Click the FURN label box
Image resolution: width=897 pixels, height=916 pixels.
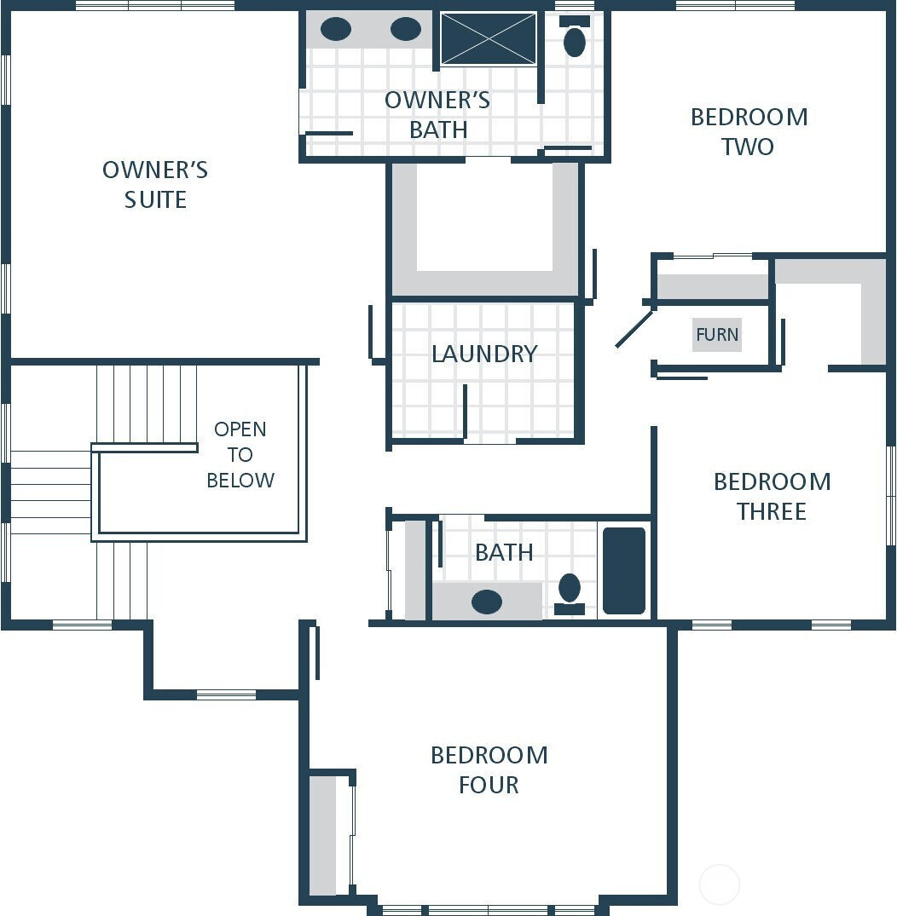(716, 335)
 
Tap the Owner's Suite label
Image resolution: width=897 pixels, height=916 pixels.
(155, 184)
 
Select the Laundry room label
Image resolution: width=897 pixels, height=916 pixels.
(483, 354)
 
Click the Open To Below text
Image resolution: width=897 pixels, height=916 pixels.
(240, 454)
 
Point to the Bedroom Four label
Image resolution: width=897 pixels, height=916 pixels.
(489, 769)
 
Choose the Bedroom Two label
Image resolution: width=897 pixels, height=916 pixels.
(749, 131)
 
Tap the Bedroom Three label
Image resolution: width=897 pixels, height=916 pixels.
(772, 496)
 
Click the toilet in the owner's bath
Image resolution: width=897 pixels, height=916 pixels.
(575, 39)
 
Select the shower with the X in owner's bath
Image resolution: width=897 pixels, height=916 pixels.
(489, 38)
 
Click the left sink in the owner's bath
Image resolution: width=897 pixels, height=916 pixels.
(336, 29)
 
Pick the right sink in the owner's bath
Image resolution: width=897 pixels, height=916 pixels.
(406, 29)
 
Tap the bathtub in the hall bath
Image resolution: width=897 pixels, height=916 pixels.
(624, 571)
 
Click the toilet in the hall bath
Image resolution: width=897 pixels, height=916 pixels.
(570, 591)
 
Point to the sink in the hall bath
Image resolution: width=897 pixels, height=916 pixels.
(487, 602)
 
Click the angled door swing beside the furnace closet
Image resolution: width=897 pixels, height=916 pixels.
(634, 329)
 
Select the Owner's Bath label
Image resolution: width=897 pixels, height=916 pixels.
(437, 114)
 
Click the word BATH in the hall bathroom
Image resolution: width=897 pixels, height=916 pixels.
(504, 552)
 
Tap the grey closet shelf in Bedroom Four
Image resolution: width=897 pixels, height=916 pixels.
(322, 835)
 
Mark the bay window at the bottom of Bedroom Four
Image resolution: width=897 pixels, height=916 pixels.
(488, 909)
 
